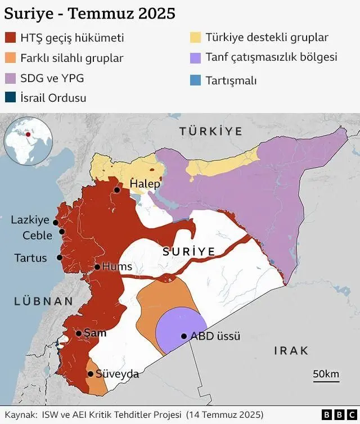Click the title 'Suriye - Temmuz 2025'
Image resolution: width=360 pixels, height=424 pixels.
[89, 13]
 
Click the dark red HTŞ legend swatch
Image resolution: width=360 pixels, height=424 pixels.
[11, 38]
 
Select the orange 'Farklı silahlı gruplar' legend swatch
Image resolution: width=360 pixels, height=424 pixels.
[11, 58]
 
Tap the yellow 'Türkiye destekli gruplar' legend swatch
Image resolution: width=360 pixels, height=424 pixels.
[195, 38]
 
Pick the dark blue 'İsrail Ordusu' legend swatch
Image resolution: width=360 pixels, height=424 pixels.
[11, 97]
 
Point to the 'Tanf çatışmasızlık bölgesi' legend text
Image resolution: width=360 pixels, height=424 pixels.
[271, 57]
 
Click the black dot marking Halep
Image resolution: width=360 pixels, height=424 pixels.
[117, 190]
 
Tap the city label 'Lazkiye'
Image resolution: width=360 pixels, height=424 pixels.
[30, 220]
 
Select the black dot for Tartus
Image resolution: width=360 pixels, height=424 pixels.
[60, 258]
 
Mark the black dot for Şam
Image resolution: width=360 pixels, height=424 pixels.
[79, 333]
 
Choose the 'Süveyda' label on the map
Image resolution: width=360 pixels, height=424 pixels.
[117, 373]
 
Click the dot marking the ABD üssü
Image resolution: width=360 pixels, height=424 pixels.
[183, 336]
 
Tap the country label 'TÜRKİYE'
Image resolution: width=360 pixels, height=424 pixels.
[211, 132]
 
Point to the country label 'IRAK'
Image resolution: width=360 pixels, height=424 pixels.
[291, 350]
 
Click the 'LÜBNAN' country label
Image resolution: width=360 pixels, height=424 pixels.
[44, 301]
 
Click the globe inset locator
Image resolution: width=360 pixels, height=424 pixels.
[28, 141]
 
